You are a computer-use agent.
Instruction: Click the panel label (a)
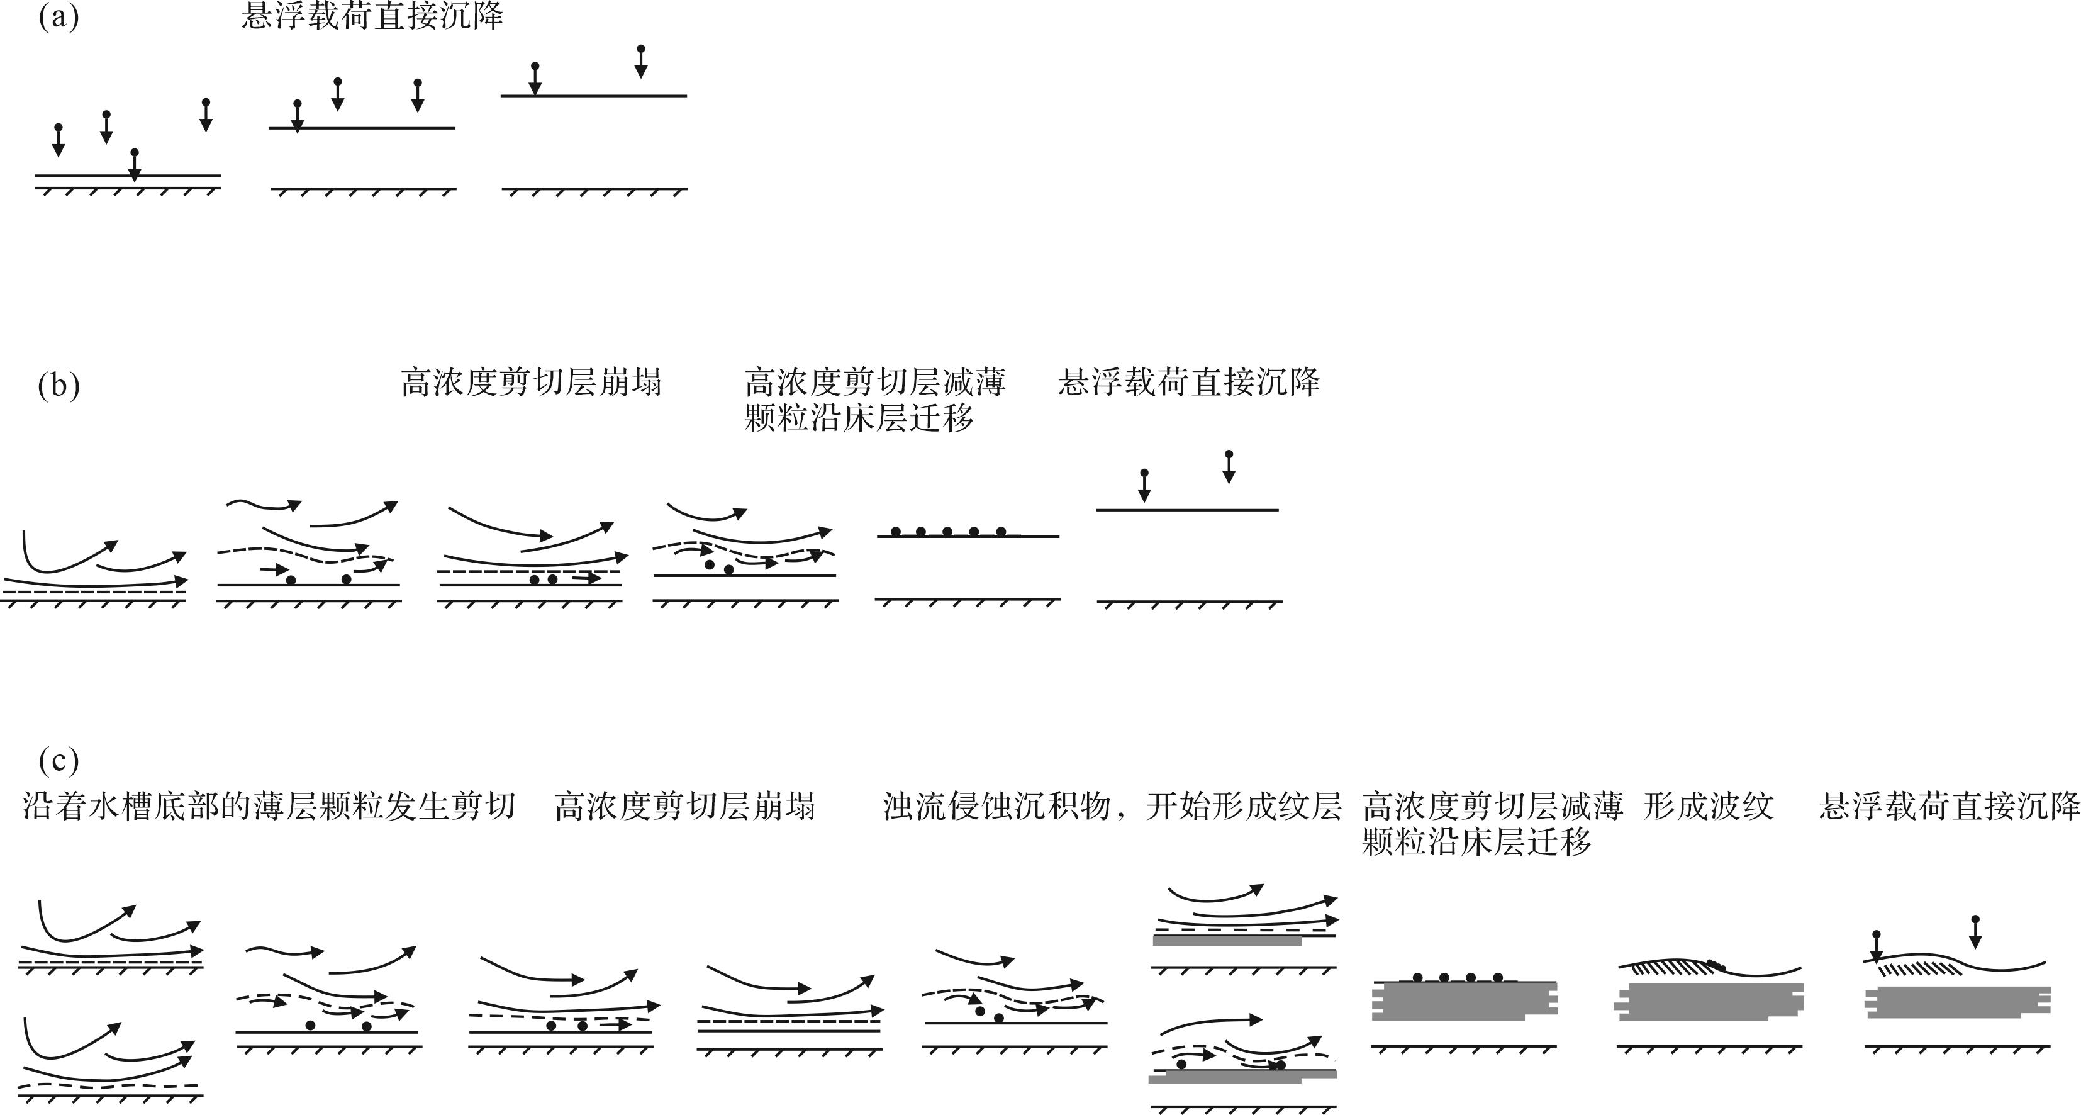[x=59, y=16]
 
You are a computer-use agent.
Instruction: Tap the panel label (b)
[x=59, y=385]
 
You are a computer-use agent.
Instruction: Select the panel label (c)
[x=59, y=760]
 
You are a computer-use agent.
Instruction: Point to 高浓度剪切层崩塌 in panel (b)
[x=531, y=382]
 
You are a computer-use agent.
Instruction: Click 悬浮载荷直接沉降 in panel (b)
[x=1189, y=382]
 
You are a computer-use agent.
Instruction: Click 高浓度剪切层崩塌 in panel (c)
[x=685, y=805]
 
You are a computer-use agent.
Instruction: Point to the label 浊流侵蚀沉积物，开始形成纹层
[x=1112, y=805]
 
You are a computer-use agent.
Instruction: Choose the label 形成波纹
[x=1709, y=805]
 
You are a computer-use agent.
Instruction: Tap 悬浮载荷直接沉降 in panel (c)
[x=1950, y=805]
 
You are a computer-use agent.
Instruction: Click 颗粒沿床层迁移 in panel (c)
[x=1476, y=842]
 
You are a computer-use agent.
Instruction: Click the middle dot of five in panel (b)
[x=947, y=532]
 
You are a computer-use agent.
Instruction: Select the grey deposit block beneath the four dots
[x=1465, y=1001]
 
